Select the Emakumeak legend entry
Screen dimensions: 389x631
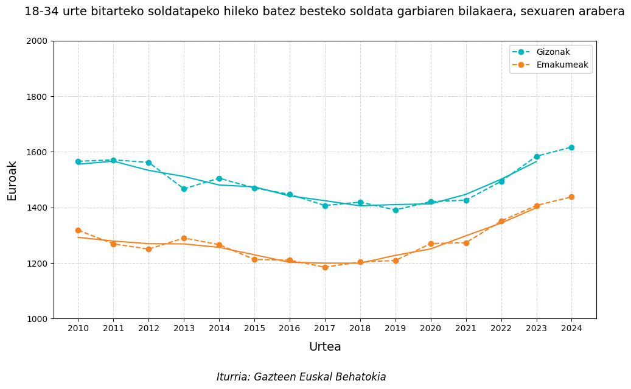[562, 65]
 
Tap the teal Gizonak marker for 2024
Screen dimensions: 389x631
[571, 147]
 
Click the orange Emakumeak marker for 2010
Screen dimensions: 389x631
[78, 230]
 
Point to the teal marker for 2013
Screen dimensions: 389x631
[184, 189]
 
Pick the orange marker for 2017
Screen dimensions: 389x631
[325, 267]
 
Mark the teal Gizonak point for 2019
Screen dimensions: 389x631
[396, 210]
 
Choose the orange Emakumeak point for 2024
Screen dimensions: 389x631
[571, 197]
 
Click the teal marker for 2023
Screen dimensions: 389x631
[537, 156]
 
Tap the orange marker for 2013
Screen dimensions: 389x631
[184, 238]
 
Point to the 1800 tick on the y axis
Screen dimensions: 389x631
[39, 97]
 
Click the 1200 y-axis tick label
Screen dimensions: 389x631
[39, 264]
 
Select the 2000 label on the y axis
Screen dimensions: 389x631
[39, 41]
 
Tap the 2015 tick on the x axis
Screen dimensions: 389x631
[254, 329]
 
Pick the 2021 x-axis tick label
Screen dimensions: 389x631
[466, 329]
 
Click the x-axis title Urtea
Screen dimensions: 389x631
[325, 347]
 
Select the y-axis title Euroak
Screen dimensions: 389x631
[12, 180]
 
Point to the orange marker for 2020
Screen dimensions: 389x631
[431, 244]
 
